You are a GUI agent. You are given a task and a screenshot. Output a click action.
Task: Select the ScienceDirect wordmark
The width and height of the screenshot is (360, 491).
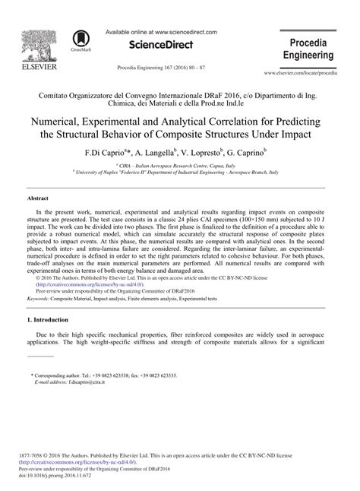(161, 46)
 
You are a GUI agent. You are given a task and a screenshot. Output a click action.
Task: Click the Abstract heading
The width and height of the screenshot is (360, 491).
(38, 197)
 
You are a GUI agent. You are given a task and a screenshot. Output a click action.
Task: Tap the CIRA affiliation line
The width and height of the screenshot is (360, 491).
(180, 164)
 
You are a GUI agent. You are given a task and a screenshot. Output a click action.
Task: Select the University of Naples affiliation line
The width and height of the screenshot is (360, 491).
(180, 173)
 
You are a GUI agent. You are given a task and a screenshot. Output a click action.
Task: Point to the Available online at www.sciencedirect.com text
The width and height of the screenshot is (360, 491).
(161, 32)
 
